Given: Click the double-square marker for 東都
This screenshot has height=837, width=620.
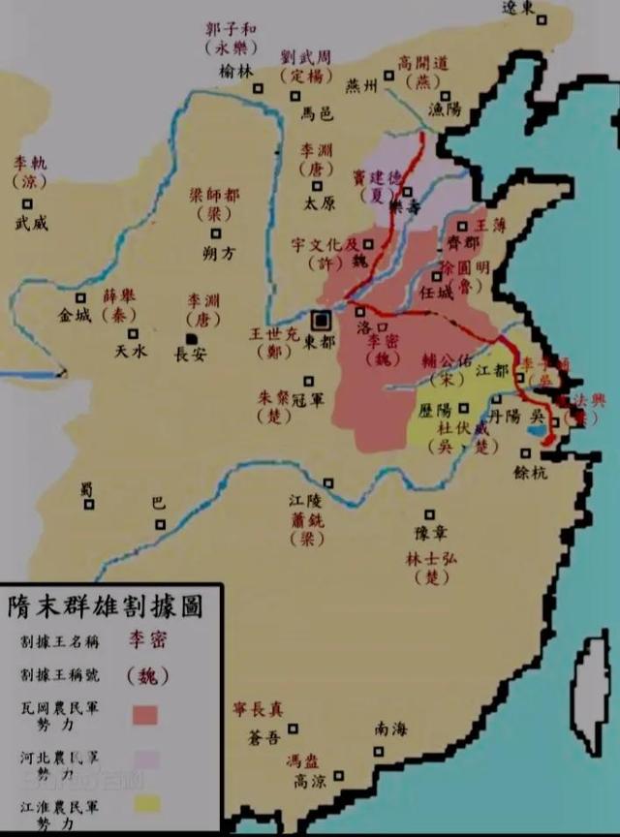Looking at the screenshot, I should (321, 320).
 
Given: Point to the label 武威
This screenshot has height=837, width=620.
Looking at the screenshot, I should (31, 223).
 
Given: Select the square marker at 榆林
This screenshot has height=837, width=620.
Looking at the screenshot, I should (259, 89).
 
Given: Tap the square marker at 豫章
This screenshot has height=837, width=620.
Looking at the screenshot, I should (428, 514).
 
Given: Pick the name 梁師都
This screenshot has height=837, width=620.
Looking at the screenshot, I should (213, 194).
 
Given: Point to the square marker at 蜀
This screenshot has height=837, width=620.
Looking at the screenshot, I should (89, 504).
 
